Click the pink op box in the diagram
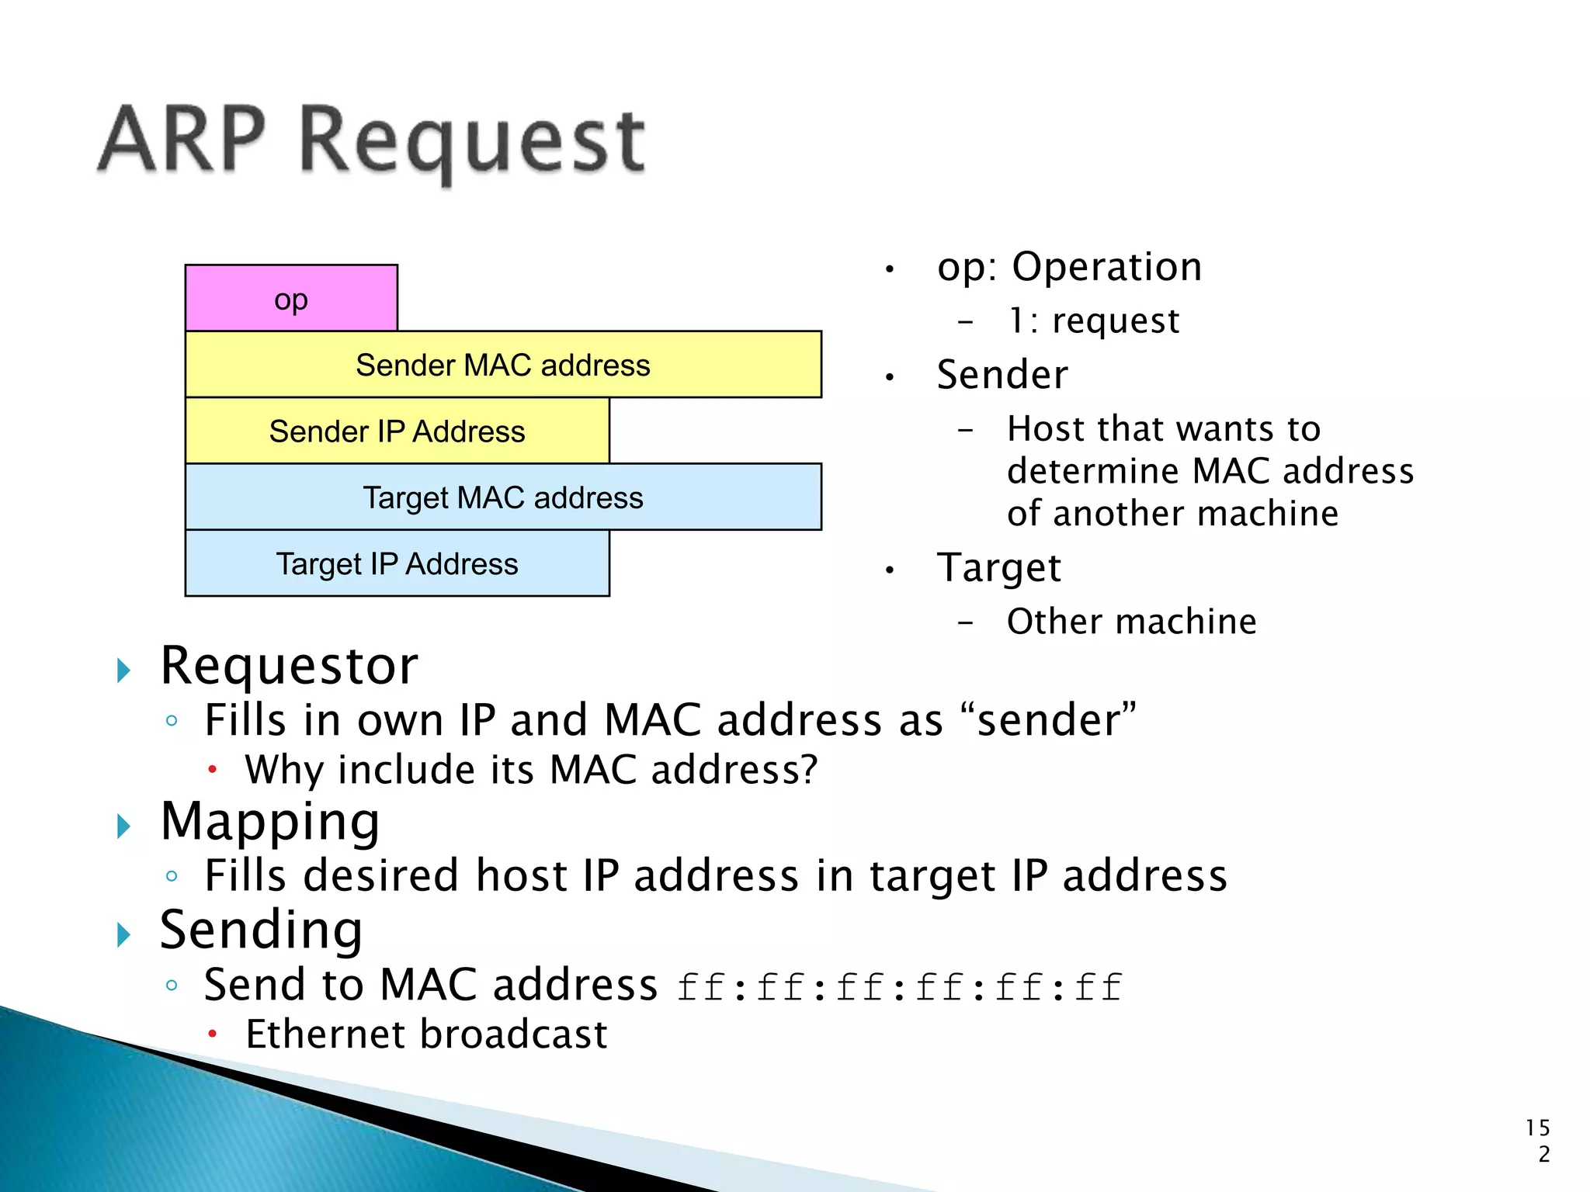tap(291, 299)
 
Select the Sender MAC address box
tap(503, 365)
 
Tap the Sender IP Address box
tap(397, 431)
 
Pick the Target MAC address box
tap(503, 497)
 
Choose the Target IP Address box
tap(397, 564)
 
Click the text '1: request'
tap(1093, 321)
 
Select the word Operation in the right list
tap(1107, 268)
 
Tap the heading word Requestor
tap(289, 667)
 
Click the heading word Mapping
tap(270, 822)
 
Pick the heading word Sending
tap(261, 930)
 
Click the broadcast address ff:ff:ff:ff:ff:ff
tap(900, 988)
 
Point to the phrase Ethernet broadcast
tap(426, 1035)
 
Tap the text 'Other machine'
tap(1131, 622)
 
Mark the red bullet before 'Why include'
tap(212, 770)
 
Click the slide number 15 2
tap(1538, 1141)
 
